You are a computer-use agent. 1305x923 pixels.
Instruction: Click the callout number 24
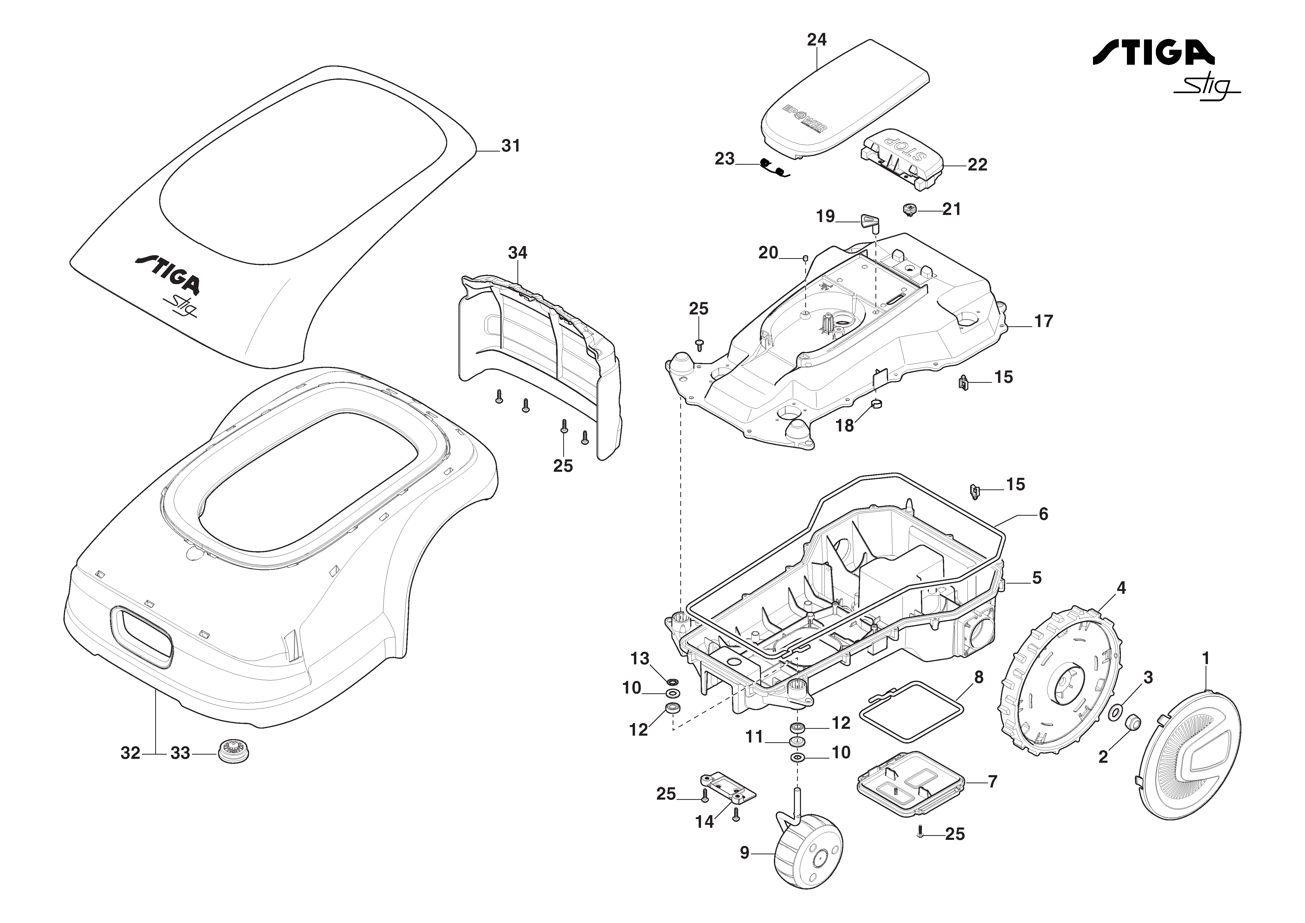(817, 40)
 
